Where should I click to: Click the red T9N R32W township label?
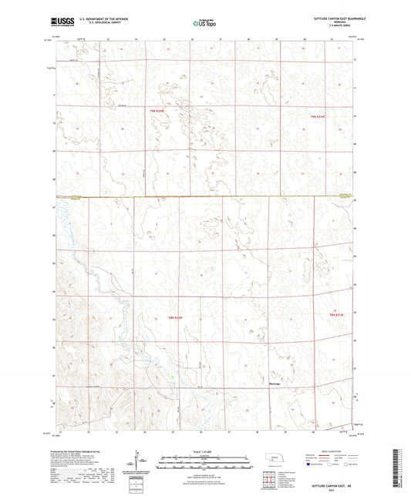click(157, 111)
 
